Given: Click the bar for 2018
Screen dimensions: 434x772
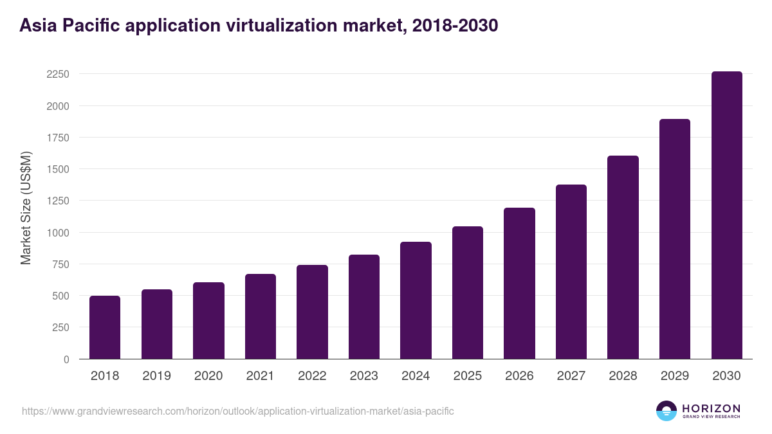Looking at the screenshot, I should [x=105, y=327].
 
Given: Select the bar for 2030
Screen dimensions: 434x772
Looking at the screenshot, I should [x=726, y=215].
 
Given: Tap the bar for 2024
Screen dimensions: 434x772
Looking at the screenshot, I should [x=416, y=300].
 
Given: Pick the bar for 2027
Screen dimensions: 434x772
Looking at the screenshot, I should [x=571, y=272].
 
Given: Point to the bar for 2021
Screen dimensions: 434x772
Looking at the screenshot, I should [x=261, y=316].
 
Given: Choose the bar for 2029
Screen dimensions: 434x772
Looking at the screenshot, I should [x=675, y=239].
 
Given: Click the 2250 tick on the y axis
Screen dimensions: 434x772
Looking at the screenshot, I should [x=58, y=74].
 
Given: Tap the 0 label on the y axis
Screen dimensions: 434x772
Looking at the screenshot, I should [x=66, y=359].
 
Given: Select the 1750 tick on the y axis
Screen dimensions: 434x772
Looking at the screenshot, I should [x=58, y=138].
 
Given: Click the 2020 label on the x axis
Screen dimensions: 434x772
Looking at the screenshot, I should [x=208, y=376].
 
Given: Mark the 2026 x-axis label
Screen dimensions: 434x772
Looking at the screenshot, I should [x=519, y=376].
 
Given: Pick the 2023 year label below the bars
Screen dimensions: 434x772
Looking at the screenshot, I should [x=364, y=376].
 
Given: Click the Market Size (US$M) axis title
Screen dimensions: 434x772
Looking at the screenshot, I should [x=26, y=208].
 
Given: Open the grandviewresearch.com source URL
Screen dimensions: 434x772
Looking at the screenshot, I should [x=238, y=411].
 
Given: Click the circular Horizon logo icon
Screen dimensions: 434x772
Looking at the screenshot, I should [x=666, y=411].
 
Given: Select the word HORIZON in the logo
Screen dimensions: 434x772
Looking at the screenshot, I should [x=711, y=408].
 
